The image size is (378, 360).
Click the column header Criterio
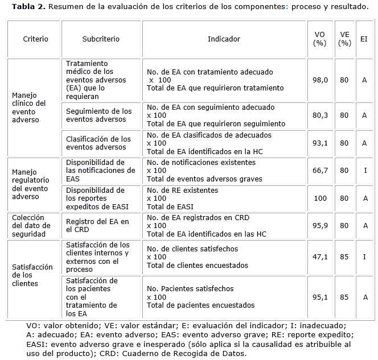[35, 39]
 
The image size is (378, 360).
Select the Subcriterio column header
[101, 39]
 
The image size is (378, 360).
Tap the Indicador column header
[224, 39]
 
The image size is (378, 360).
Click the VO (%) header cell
[320, 39]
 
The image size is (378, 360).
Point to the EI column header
[364, 39]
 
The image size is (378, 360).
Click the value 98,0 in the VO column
[321, 80]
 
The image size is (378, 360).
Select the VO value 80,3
[321, 115]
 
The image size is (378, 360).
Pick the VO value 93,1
[321, 143]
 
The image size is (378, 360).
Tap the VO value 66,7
[321, 170]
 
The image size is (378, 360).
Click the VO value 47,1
[321, 256]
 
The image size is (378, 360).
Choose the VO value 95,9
[321, 226]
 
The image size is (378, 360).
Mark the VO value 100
[321, 198]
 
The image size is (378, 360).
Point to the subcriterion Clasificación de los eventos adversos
[98, 143]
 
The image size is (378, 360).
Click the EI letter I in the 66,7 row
[364, 170]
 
